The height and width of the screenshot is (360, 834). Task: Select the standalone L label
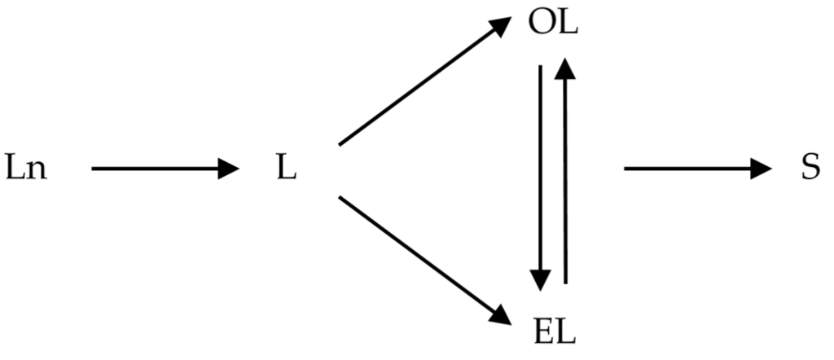286,169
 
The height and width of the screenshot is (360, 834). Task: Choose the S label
810,169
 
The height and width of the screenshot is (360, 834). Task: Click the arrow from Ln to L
163,169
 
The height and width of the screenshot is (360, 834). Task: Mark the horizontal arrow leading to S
696,169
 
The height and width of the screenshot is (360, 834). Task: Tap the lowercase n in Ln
37,173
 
